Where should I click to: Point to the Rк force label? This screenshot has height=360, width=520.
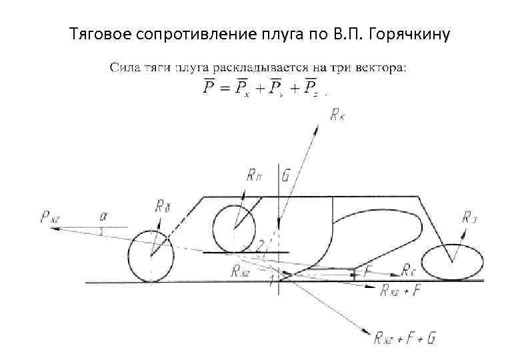pos(337,116)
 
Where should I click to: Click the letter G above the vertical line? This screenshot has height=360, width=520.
pos(285,177)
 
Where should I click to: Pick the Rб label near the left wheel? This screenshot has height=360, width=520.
pos(163,206)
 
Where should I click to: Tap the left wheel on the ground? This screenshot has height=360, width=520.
pos(151,257)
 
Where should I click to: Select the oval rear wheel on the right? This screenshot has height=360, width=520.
pos(453,261)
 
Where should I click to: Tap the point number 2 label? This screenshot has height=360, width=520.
pos(261,243)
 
